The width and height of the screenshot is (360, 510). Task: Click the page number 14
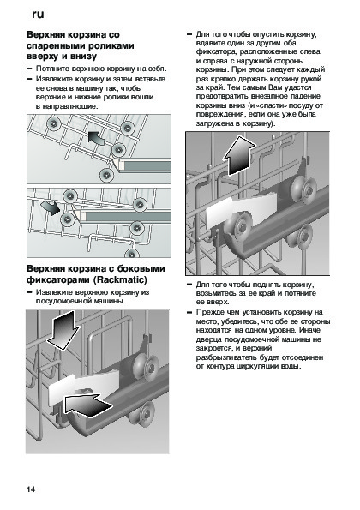click(31, 489)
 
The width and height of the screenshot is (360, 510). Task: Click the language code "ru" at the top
click(38, 15)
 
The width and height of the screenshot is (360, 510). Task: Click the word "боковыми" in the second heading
click(141, 268)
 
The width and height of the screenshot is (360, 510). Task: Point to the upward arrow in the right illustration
click(239, 155)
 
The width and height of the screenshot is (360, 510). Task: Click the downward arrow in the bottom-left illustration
click(63, 330)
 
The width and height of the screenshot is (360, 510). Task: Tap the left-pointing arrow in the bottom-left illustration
click(87, 405)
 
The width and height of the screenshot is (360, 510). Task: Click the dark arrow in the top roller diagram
click(96, 138)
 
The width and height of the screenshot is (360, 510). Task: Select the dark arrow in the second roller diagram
click(51, 207)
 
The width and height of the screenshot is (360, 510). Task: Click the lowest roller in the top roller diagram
click(106, 175)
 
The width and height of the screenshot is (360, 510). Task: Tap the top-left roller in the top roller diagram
click(52, 123)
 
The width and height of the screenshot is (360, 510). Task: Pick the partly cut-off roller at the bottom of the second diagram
click(132, 254)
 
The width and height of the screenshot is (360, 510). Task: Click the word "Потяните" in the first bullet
click(53, 69)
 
